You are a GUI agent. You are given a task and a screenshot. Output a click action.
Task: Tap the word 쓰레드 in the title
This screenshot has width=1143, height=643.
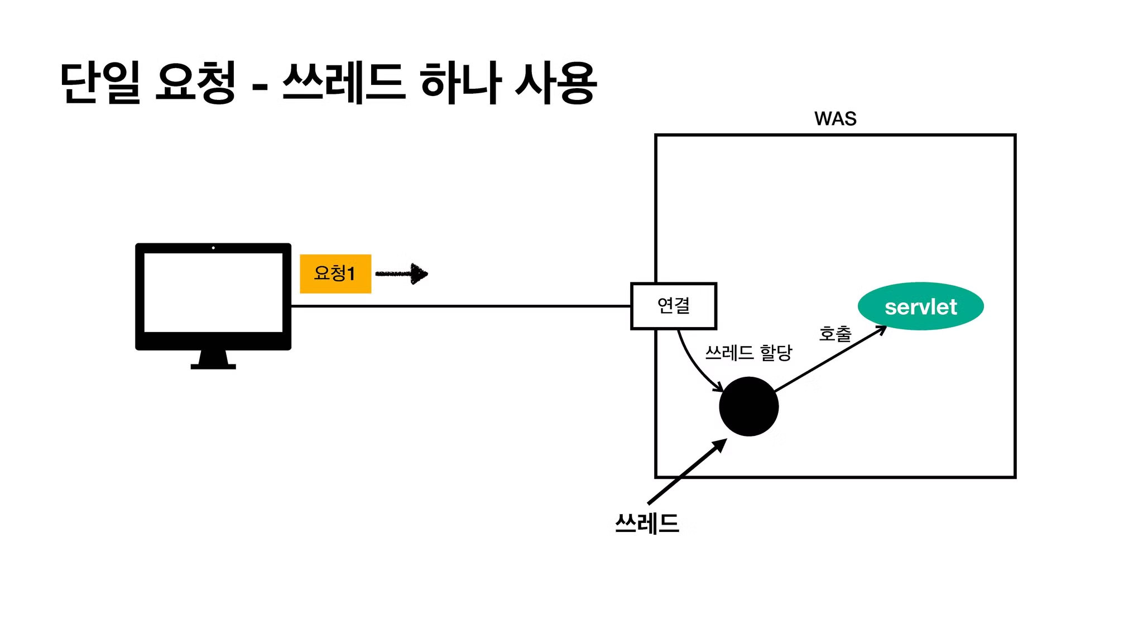343,83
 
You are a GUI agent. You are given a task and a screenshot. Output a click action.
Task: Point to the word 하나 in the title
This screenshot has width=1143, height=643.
460,83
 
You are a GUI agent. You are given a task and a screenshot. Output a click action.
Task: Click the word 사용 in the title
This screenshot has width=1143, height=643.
556,83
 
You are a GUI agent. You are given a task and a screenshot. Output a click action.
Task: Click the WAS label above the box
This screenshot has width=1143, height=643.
835,119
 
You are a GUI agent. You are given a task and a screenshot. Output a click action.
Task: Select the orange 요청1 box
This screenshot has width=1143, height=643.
335,273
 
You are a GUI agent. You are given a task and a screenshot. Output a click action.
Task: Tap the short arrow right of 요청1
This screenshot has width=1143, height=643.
402,273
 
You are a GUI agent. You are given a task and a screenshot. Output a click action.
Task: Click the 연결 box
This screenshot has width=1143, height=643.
674,306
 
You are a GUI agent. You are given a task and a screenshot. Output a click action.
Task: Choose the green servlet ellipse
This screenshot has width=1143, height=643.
920,306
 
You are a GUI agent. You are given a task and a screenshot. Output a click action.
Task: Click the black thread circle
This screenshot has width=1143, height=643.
748,406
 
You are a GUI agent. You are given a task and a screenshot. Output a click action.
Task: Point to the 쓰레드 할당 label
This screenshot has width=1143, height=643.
748,353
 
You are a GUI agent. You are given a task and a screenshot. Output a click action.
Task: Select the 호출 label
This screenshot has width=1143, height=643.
835,334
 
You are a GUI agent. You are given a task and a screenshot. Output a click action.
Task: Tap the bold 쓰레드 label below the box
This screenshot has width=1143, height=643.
647,524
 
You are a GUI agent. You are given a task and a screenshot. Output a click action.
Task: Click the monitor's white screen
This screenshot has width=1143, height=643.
213,292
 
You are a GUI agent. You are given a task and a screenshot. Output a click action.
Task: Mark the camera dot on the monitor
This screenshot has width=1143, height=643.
213,248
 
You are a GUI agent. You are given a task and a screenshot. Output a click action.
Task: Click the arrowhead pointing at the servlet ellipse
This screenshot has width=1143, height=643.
882,329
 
